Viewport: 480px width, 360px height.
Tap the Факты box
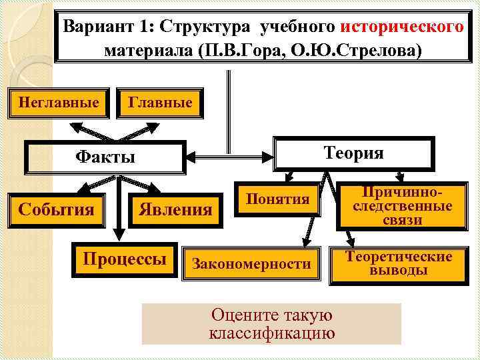105,157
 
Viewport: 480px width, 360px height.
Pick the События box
56,209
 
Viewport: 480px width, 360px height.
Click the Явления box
175,210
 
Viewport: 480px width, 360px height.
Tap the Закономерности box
251,263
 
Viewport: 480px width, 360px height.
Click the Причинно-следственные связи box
401,206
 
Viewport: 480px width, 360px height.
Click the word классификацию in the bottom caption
271,333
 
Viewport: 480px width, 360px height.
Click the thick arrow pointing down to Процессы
120,220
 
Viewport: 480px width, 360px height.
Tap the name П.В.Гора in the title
253,51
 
